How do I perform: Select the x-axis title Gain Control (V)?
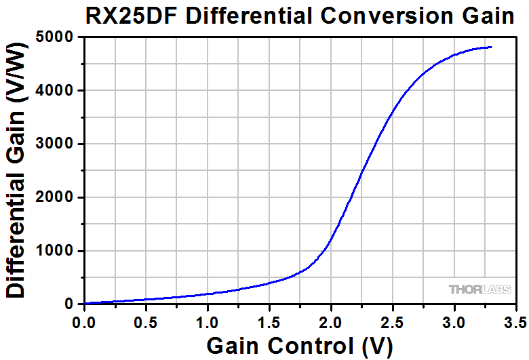coord(299,345)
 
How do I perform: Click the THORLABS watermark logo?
coord(480,289)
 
